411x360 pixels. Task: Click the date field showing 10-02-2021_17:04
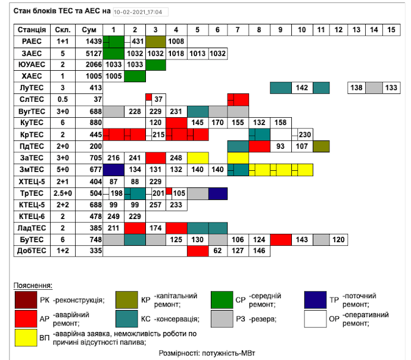click(x=141, y=12)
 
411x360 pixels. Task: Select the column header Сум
click(x=89, y=30)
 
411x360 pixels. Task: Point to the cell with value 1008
click(x=176, y=42)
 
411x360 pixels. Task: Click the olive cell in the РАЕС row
click(x=155, y=42)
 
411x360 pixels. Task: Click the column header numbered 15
click(x=391, y=30)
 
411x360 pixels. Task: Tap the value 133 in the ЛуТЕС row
click(x=391, y=87)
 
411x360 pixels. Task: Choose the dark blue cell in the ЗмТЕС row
click(x=113, y=170)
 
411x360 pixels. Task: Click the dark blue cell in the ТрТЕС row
click(x=218, y=193)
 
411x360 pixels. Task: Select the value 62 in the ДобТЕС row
click(x=218, y=251)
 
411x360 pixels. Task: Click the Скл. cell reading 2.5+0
click(x=62, y=193)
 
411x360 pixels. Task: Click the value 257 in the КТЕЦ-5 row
click(x=155, y=205)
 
